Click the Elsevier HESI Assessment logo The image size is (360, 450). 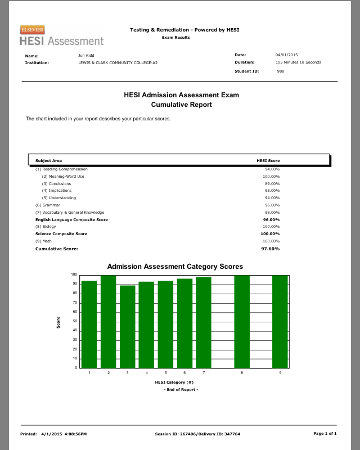(61, 35)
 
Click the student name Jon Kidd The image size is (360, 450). (86, 55)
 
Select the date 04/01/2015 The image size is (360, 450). (286, 55)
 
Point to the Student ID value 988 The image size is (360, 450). (281, 71)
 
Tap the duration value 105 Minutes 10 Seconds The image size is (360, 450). (298, 62)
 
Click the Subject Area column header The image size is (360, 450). (49, 160)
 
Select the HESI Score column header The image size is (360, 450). (268, 160)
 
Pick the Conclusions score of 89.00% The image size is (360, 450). (272, 183)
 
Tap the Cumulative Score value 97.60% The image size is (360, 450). (270, 249)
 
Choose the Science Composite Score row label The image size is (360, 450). (61, 233)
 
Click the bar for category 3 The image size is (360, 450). (128, 326)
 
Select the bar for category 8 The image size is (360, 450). (242, 321)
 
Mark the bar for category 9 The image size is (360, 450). (280, 321)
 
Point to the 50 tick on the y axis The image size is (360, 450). (74, 321)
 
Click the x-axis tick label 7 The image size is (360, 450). (204, 372)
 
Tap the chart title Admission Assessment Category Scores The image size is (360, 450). (175, 267)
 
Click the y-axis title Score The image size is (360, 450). (58, 323)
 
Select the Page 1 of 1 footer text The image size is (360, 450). (325, 434)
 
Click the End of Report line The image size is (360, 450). (181, 389)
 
